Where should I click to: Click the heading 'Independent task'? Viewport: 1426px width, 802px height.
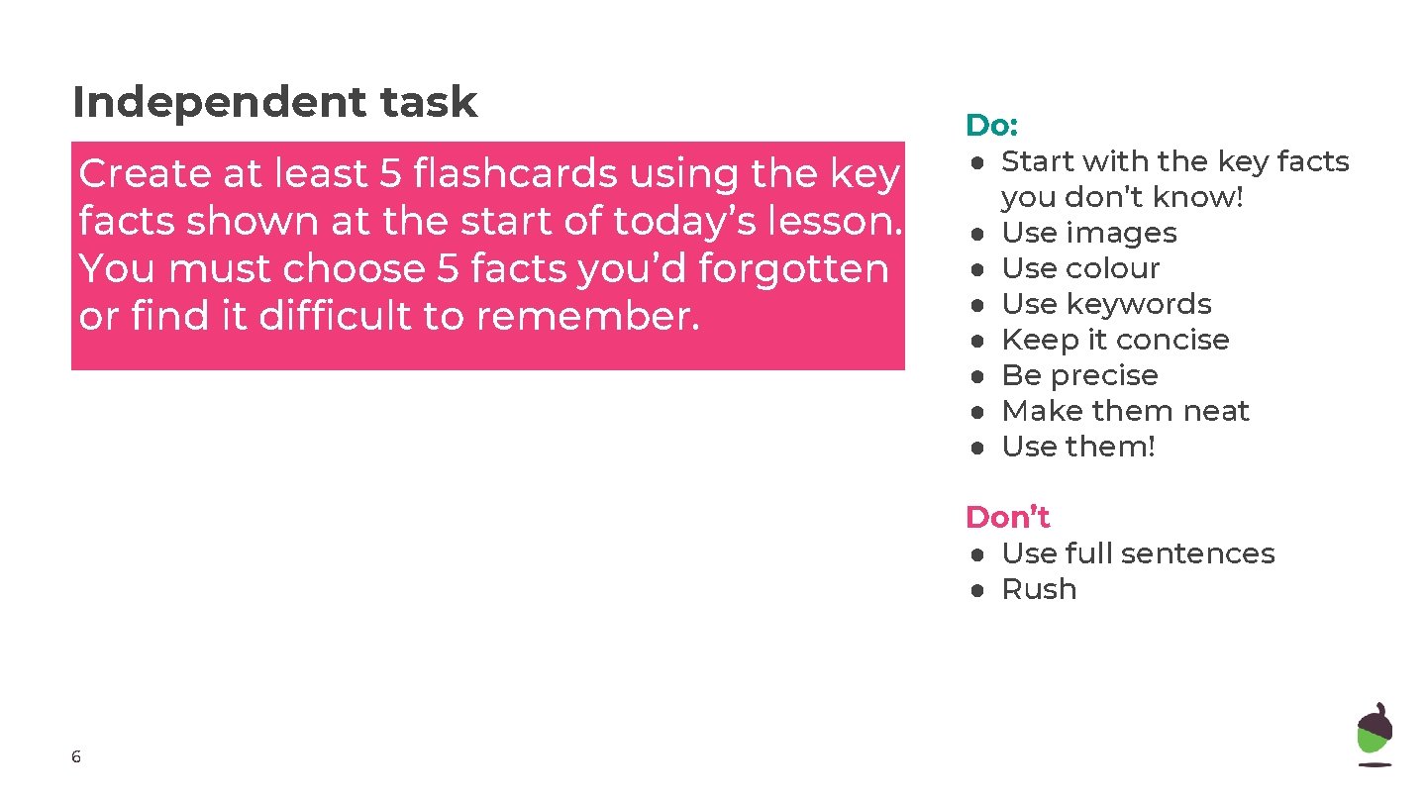[274, 102]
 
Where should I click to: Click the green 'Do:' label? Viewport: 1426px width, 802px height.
[991, 126]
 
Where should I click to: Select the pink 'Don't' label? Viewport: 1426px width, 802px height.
[1007, 517]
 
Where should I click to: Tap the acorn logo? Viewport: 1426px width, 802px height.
[1374, 734]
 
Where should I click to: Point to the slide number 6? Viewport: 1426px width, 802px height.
[76, 757]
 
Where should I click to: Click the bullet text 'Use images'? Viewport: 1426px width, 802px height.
[1089, 233]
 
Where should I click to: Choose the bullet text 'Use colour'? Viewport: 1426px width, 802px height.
[1080, 268]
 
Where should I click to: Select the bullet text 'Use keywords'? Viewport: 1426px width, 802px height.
[1106, 304]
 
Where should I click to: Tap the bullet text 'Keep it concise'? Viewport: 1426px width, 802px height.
[1115, 340]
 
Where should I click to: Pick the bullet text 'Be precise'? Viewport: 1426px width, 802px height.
[1079, 375]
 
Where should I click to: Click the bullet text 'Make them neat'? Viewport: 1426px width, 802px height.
[1125, 411]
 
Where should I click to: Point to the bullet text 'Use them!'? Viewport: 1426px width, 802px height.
[1078, 447]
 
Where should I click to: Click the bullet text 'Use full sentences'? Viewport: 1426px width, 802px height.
[1138, 553]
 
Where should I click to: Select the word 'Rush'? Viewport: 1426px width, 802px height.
[1039, 589]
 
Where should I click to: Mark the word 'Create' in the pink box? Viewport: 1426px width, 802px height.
[144, 174]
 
